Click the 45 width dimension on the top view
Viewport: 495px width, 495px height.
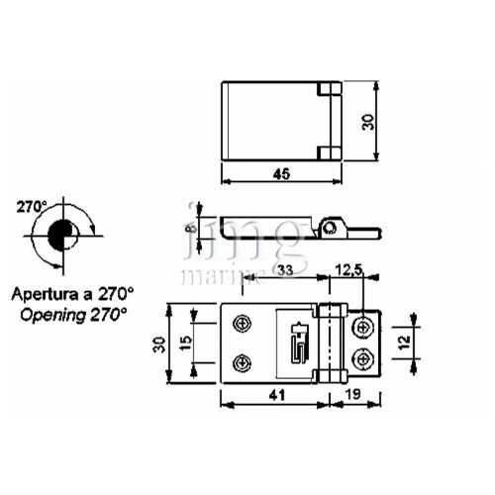click(x=280, y=174)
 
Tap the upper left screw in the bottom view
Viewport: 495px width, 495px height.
click(x=240, y=324)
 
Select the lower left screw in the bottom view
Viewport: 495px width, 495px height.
click(x=240, y=362)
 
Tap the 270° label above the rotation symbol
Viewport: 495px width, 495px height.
click(x=32, y=207)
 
